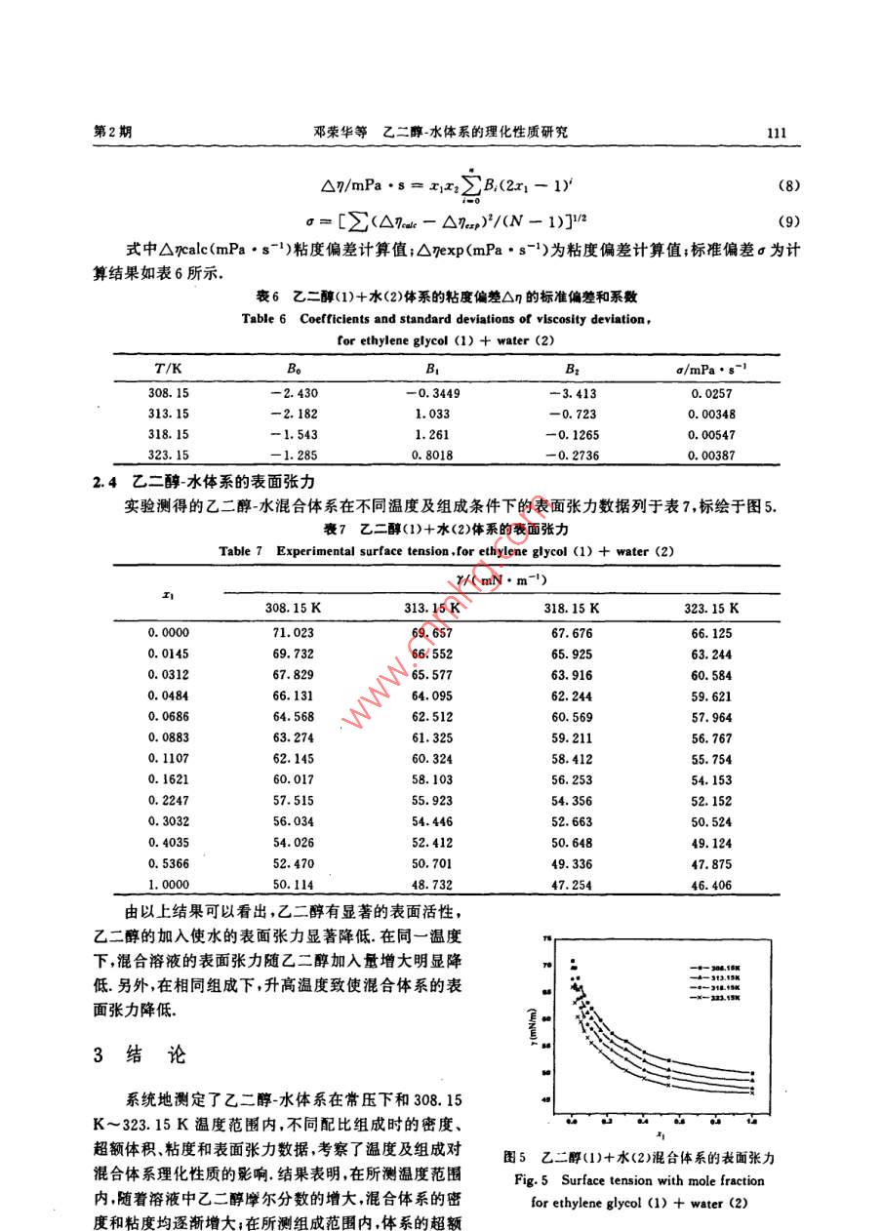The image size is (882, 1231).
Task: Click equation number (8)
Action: pos(788,185)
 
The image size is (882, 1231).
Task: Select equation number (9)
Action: pos(788,221)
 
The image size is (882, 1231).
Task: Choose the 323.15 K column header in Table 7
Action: pos(711,608)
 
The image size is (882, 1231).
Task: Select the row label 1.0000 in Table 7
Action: pos(169,884)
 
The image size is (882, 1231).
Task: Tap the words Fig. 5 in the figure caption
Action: pos(533,1180)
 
